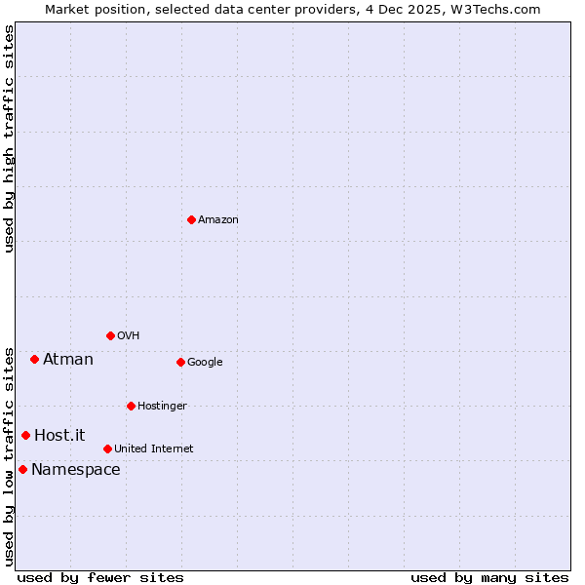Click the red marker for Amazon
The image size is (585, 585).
(x=191, y=219)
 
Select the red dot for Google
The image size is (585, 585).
(x=180, y=362)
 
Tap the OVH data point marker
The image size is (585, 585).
(x=110, y=335)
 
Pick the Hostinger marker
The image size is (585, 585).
(x=131, y=406)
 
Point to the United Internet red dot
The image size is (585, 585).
(x=107, y=448)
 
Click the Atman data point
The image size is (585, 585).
(x=34, y=359)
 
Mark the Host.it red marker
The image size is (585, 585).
(x=25, y=435)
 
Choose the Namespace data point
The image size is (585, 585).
(x=22, y=469)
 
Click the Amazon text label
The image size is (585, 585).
(x=218, y=220)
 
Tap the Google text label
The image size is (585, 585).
(x=205, y=363)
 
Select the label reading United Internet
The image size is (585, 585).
(x=153, y=449)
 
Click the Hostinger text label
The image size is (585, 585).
(x=162, y=407)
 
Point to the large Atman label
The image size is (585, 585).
(x=68, y=360)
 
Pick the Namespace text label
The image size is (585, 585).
(x=76, y=470)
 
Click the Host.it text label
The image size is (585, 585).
(x=59, y=436)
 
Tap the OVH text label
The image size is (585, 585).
(x=129, y=336)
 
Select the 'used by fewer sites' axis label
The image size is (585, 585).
(x=100, y=577)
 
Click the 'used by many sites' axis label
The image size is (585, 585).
(x=489, y=577)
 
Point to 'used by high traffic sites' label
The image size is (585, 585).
(x=9, y=138)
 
